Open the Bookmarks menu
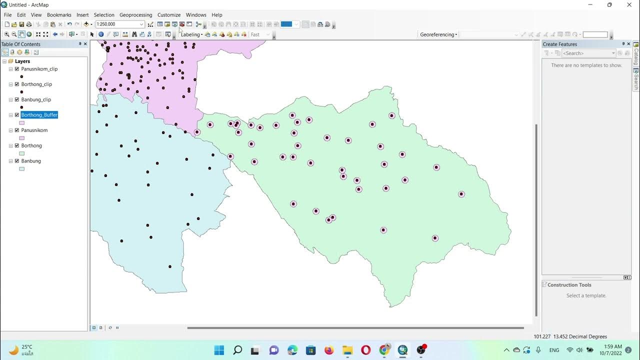tap(59, 15)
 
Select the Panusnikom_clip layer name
tap(39, 69)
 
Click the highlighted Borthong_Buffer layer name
tap(39, 115)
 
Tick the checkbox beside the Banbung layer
tap(17, 161)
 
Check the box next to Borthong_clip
tap(17, 84)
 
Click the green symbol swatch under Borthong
tap(21, 153)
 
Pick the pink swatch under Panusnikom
tap(21, 138)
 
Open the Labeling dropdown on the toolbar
tap(191, 34)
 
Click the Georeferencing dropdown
tap(438, 34)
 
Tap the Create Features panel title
tap(560, 44)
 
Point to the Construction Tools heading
tap(569, 285)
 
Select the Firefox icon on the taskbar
tap(329, 350)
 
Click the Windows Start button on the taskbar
tap(219, 350)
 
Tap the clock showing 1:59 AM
tap(612, 346)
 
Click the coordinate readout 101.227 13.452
tap(570, 336)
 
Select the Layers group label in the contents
tap(22, 61)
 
